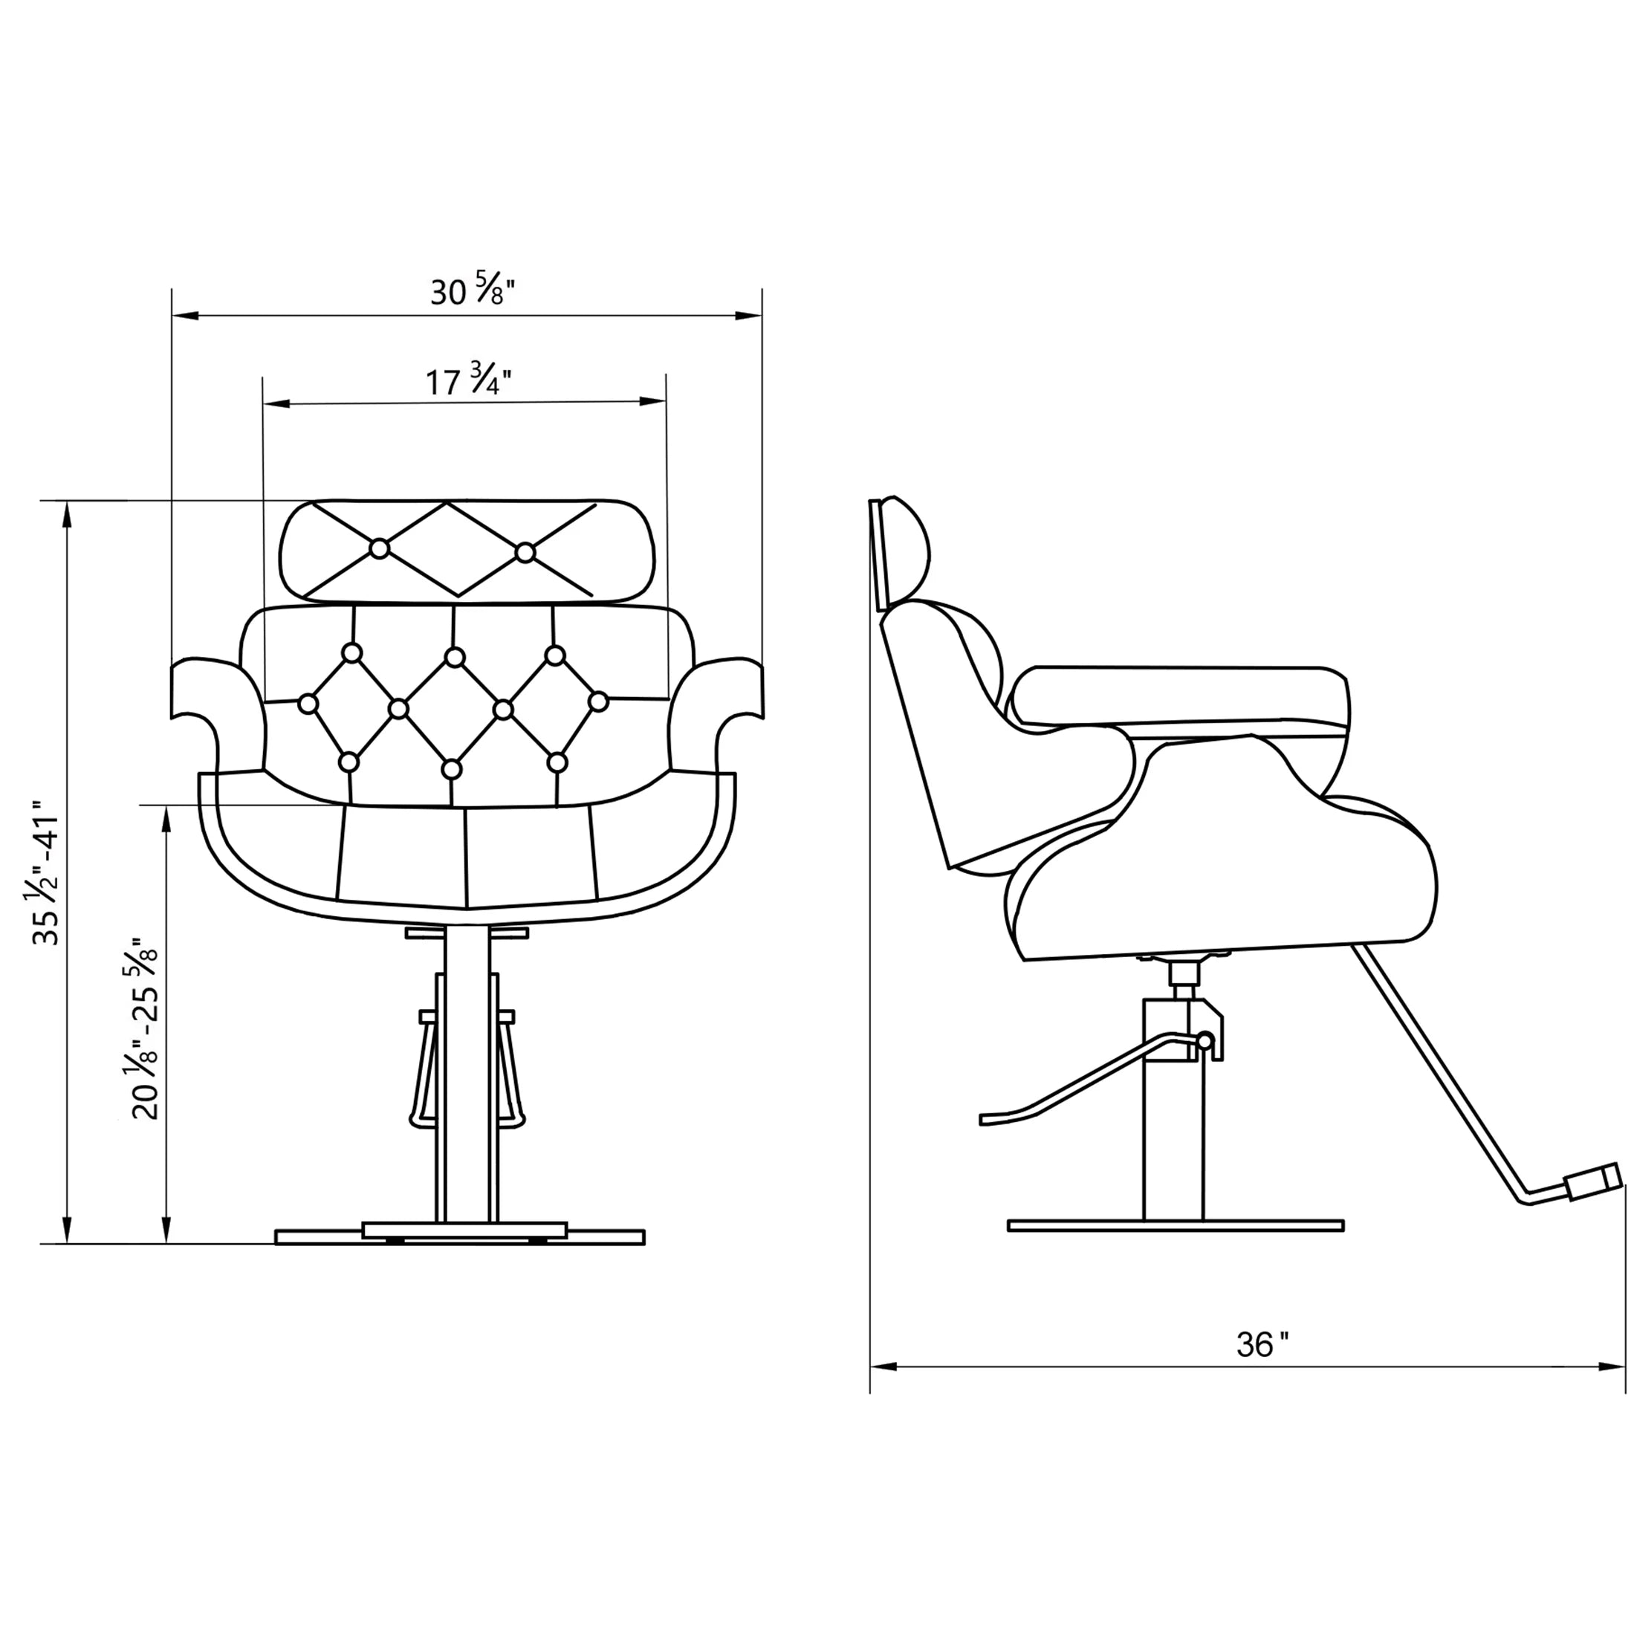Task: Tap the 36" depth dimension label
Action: coord(1262,1344)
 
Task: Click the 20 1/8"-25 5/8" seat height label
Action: coord(146,1028)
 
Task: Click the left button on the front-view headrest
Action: coord(380,549)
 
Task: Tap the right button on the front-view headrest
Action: coord(525,552)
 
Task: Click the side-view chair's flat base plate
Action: coord(1176,1225)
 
